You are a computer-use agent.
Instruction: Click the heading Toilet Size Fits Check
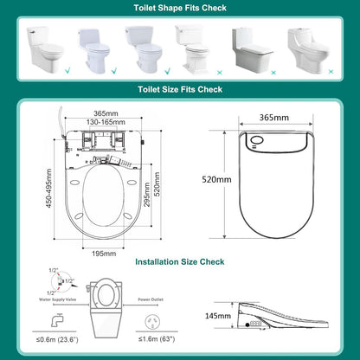coord(179,88)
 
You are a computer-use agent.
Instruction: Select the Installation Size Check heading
coord(179,261)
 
